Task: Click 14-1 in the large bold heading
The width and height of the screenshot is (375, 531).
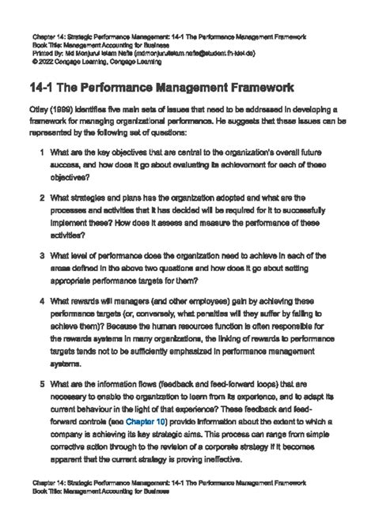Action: (x=47, y=86)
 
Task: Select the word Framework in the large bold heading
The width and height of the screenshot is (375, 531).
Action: (x=256, y=86)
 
